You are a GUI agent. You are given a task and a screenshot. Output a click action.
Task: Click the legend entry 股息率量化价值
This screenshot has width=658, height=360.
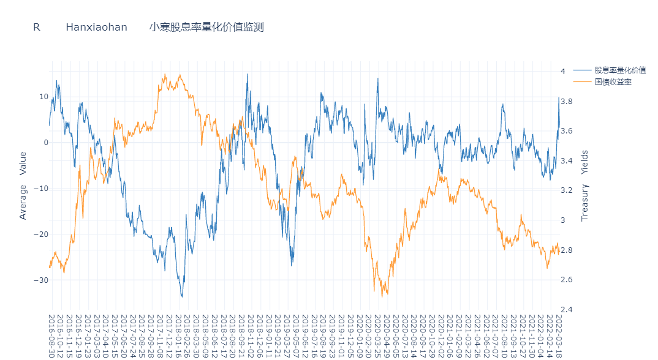pyautogui.click(x=620, y=70)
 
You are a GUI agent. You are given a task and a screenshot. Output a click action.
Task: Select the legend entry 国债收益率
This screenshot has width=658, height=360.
pyautogui.click(x=613, y=82)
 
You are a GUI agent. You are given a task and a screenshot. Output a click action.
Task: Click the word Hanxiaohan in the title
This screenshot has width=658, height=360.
pyautogui.click(x=96, y=27)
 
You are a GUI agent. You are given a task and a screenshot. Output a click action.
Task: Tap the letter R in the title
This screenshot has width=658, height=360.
pyautogui.click(x=37, y=27)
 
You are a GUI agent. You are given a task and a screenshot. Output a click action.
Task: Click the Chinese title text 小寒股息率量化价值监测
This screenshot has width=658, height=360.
pyautogui.click(x=206, y=27)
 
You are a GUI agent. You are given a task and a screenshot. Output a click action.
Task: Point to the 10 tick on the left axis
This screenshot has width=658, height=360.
pyautogui.click(x=43, y=97)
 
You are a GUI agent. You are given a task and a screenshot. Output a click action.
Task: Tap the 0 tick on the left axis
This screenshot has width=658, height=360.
pyautogui.click(x=45, y=143)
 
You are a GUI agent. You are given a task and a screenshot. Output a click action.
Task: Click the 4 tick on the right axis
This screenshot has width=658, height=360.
pyautogui.click(x=580, y=72)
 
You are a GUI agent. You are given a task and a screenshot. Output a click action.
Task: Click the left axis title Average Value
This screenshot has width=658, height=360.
pyautogui.click(x=23, y=186)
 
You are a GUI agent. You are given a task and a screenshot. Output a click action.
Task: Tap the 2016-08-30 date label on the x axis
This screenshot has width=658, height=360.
pyautogui.click(x=51, y=334)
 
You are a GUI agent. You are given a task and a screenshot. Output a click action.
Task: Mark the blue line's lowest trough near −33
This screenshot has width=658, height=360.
pyautogui.click(x=181, y=296)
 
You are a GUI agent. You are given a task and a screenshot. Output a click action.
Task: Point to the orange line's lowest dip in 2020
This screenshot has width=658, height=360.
pyautogui.click(x=382, y=297)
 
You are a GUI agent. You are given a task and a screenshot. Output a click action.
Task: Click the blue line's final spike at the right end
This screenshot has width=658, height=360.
pyautogui.click(x=559, y=98)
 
